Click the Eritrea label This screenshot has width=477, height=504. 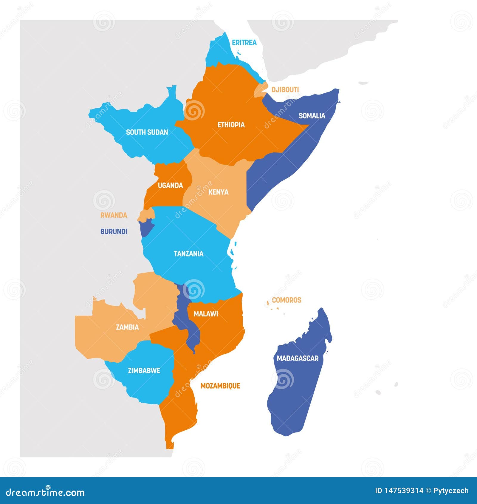(x=244, y=43)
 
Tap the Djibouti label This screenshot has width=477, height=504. (x=285, y=89)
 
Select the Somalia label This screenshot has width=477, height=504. (x=312, y=116)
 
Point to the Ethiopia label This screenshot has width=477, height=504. (x=231, y=125)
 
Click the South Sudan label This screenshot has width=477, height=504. (x=147, y=132)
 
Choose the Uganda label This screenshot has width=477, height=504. (x=170, y=185)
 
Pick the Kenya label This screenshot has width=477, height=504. (x=218, y=192)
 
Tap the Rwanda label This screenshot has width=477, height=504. (x=114, y=215)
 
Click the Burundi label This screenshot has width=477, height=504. (x=114, y=231)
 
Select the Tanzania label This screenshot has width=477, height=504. (x=188, y=254)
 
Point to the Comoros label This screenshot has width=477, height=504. (x=286, y=300)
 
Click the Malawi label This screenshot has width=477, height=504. (x=206, y=314)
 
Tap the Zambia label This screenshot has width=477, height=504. (x=127, y=327)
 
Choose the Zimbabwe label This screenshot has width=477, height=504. (x=144, y=371)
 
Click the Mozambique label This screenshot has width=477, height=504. (x=220, y=386)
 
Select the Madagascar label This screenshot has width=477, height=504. (x=298, y=358)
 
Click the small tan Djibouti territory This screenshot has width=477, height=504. (x=260, y=89)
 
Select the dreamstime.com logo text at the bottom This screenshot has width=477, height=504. (x=45, y=492)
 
